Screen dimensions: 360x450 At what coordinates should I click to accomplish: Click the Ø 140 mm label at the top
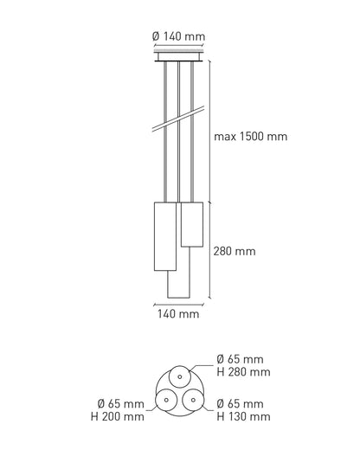[x=178, y=36]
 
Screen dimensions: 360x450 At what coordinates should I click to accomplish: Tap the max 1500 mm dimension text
[x=250, y=137]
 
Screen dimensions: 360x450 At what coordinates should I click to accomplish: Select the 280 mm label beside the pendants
[x=235, y=251]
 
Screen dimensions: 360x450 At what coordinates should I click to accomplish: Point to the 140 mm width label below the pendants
[x=178, y=313]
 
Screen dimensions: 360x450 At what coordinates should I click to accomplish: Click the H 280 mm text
[x=243, y=372]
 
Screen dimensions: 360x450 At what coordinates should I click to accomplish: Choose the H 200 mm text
[x=118, y=416]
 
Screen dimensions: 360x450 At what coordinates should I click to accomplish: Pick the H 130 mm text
[x=243, y=416]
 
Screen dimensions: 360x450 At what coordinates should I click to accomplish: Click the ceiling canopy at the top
[x=178, y=56]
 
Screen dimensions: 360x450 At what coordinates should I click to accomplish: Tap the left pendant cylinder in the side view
[x=165, y=236]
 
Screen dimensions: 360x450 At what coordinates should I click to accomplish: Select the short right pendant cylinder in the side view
[x=192, y=224]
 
